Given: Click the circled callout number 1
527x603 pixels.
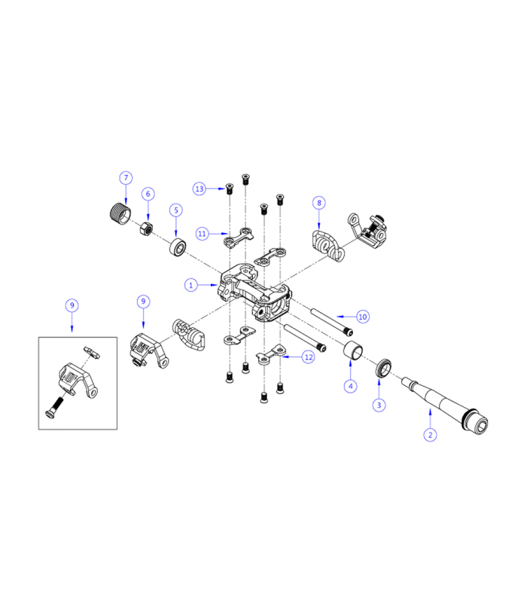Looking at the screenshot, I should click(x=192, y=285).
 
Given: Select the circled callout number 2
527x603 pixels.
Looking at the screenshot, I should click(x=430, y=434).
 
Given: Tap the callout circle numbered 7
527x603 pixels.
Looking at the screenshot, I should click(x=126, y=178).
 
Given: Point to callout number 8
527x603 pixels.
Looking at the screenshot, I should click(x=319, y=203).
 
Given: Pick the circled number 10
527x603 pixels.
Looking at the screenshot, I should click(x=363, y=317).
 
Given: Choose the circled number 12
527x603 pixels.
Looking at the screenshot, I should click(x=309, y=357).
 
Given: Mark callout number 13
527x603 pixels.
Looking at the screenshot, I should click(x=200, y=188).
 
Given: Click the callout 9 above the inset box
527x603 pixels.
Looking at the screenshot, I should click(x=72, y=305).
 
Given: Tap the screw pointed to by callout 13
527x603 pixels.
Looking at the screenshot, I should click(x=228, y=188).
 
